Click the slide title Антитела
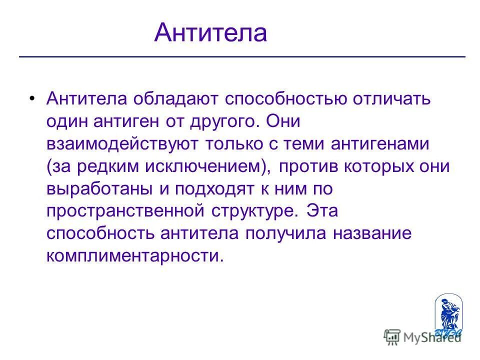click(x=210, y=33)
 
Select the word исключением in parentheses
click(x=204, y=166)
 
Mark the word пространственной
click(x=125, y=211)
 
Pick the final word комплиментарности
click(x=133, y=256)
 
